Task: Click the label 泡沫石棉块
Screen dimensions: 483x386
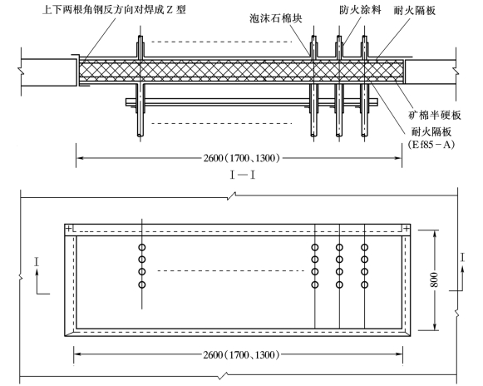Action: click(276, 18)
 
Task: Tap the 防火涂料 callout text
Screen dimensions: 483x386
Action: click(360, 10)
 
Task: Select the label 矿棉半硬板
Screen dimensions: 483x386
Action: click(435, 115)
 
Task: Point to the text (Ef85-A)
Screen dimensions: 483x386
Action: click(431, 144)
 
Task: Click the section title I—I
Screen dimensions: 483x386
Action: click(243, 176)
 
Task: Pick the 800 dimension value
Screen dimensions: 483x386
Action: click(434, 280)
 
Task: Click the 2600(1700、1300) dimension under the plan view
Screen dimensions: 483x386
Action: click(241, 354)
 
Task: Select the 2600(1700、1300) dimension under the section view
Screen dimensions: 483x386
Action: click(242, 158)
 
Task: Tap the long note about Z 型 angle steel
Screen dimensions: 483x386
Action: click(114, 9)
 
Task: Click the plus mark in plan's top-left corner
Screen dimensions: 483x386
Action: click(69, 229)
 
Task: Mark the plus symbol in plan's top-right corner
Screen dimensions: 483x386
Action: click(407, 229)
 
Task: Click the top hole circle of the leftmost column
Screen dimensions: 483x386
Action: click(141, 247)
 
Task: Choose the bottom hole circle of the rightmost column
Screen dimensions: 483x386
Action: click(364, 285)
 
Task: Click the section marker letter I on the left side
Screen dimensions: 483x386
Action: click(37, 262)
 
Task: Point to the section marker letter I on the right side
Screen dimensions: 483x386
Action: click(462, 257)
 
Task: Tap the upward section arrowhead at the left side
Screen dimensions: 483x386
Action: click(37, 272)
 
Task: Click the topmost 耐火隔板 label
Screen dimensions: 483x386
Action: click(415, 11)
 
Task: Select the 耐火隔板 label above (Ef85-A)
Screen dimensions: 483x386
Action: click(431, 132)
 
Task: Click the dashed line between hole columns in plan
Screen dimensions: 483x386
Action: click(230, 270)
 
